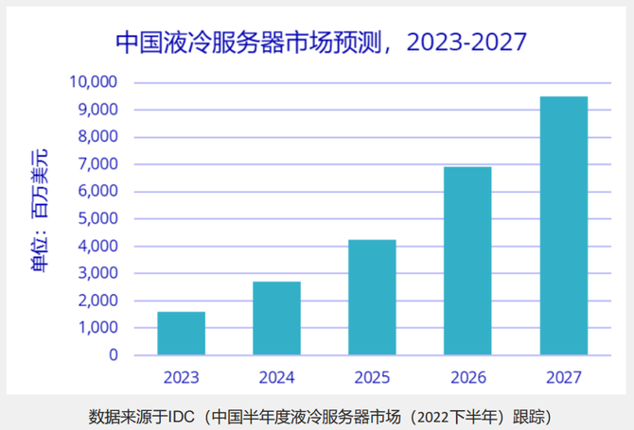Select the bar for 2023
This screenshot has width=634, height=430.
(181, 334)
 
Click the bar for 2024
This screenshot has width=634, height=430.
(276, 318)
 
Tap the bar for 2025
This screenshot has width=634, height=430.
(372, 298)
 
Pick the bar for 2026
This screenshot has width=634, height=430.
(467, 261)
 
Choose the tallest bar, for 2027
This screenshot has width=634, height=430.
(564, 226)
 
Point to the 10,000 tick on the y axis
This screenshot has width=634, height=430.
(93, 82)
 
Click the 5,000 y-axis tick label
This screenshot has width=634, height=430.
(97, 219)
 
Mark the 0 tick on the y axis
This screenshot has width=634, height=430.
(114, 355)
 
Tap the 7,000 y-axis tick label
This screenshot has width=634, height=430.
(97, 164)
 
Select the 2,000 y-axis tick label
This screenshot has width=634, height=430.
(97, 301)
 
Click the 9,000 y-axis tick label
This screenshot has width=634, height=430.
(97, 110)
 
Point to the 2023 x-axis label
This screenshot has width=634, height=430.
(181, 378)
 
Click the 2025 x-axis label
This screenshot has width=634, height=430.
(372, 378)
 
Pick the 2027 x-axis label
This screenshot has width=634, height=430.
(564, 378)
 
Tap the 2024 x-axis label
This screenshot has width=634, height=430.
(276, 378)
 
